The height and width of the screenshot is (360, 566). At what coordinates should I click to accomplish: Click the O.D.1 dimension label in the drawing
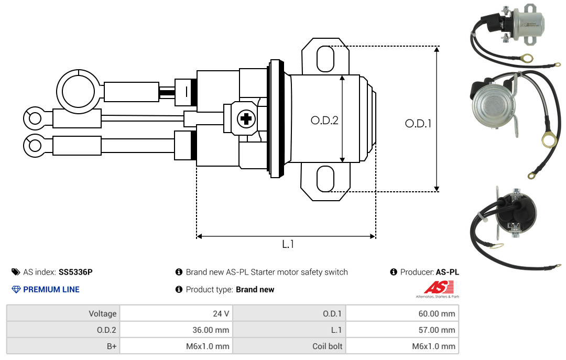coord(418,124)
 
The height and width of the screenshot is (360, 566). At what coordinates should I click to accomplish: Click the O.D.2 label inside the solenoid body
coord(324,120)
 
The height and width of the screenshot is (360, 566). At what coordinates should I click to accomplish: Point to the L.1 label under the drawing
coord(288,244)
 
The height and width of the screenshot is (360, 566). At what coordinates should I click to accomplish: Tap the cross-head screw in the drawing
coord(246,118)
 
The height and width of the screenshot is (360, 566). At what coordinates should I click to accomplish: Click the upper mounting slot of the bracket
coord(325,59)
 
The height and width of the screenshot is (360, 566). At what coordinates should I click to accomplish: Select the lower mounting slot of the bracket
coord(325,179)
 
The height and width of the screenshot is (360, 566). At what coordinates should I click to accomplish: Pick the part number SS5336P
coord(75,272)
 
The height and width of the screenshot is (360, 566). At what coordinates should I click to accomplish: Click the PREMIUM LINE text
coord(51,289)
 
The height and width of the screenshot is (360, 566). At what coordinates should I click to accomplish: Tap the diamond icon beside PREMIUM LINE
coord(16,289)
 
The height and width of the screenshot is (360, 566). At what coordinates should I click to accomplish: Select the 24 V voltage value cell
coord(176,313)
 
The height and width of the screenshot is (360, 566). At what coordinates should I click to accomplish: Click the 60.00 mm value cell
coord(402,313)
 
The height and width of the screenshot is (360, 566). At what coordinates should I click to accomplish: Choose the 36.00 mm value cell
coord(176,330)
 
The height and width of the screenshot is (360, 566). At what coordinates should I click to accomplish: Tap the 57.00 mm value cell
coord(402,330)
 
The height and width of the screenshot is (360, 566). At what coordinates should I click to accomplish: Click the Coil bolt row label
coord(327,346)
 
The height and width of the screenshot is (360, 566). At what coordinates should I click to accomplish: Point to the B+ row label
coord(112,346)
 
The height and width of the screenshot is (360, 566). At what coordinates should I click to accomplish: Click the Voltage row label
coord(103,314)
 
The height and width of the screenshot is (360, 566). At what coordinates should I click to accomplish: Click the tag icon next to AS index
coord(16,272)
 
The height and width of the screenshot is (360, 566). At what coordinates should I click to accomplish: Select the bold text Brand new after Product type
coord(255,290)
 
